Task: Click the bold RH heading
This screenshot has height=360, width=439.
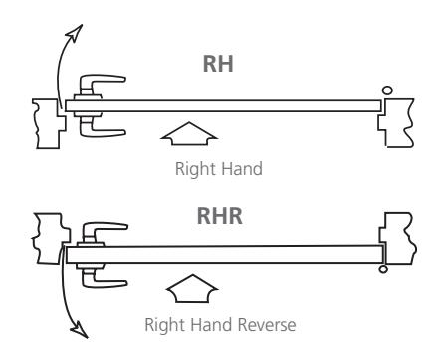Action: click(x=218, y=64)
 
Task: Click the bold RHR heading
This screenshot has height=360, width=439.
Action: click(x=219, y=216)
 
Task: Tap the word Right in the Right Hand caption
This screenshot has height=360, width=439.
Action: click(x=195, y=169)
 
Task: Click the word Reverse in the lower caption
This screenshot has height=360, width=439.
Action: click(x=267, y=325)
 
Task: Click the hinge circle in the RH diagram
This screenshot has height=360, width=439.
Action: click(x=387, y=90)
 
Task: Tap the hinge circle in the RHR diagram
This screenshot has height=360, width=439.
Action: click(x=383, y=269)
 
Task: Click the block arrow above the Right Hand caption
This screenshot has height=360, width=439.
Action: click(x=189, y=133)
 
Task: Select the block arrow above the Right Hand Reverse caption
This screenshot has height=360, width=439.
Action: click(x=192, y=288)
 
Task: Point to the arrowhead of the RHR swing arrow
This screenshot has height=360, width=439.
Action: click(x=79, y=330)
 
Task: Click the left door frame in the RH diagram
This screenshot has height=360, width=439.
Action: click(x=48, y=123)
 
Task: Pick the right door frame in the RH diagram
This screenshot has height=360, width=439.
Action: click(x=397, y=122)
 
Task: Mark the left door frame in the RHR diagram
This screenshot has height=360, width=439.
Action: click(x=50, y=238)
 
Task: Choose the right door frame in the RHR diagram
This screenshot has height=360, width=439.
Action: click(x=399, y=238)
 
